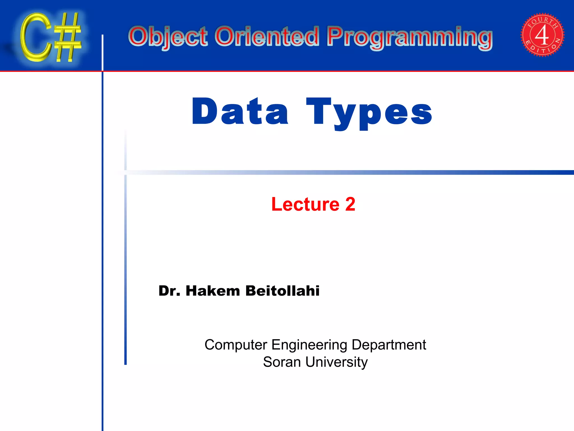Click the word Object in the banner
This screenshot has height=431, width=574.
tap(168, 37)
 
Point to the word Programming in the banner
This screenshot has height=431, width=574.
tap(409, 38)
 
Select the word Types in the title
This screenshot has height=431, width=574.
tap(369, 112)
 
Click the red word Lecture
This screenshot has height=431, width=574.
tap(305, 204)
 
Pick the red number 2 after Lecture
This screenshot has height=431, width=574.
tap(350, 204)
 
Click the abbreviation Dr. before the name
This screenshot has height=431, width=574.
tap(169, 291)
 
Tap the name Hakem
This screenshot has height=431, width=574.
tap(213, 291)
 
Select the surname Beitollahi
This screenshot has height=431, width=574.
tap(282, 291)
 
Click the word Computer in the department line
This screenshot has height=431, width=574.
tap(236, 345)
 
